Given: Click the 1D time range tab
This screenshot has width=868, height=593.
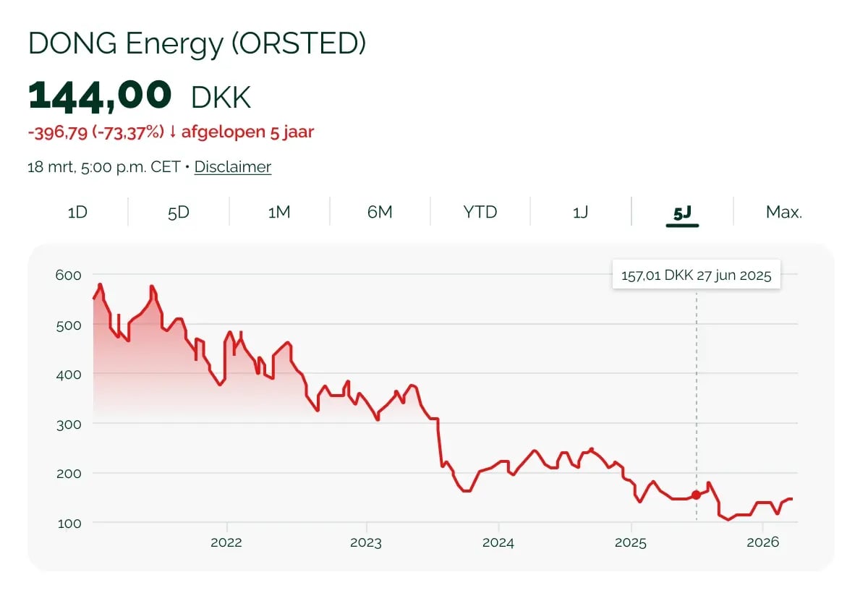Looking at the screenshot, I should pyautogui.click(x=77, y=213).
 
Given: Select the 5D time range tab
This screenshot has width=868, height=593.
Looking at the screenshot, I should pyautogui.click(x=178, y=213).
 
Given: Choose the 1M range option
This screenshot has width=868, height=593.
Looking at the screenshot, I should pyautogui.click(x=279, y=213).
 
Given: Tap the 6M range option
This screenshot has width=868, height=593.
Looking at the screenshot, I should pyautogui.click(x=380, y=213).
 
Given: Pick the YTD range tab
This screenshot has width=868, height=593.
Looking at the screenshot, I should pyautogui.click(x=480, y=213).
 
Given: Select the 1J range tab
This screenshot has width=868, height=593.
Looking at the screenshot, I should pyautogui.click(x=580, y=213).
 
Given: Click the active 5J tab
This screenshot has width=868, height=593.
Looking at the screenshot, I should pyautogui.click(x=682, y=213).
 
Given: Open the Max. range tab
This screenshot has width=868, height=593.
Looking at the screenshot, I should pyautogui.click(x=784, y=213).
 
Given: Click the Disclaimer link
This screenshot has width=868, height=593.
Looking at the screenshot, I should pyautogui.click(x=233, y=167).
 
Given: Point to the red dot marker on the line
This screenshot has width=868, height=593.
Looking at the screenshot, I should pyautogui.click(x=696, y=495).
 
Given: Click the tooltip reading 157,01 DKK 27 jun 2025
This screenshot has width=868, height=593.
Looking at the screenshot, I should pyautogui.click(x=696, y=276).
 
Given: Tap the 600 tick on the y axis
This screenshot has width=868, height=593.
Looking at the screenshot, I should pyautogui.click(x=68, y=275).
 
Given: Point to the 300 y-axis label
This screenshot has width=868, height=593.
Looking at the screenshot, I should pyautogui.click(x=68, y=423).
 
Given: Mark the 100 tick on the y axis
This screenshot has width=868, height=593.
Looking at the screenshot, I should pyautogui.click(x=68, y=522).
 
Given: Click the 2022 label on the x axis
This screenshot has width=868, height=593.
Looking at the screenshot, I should pyautogui.click(x=227, y=543).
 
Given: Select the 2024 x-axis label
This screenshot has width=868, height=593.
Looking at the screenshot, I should pyautogui.click(x=498, y=543).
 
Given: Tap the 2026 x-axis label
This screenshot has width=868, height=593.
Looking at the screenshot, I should pyautogui.click(x=763, y=543).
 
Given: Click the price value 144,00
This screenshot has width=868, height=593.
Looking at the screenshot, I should pyautogui.click(x=100, y=96).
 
